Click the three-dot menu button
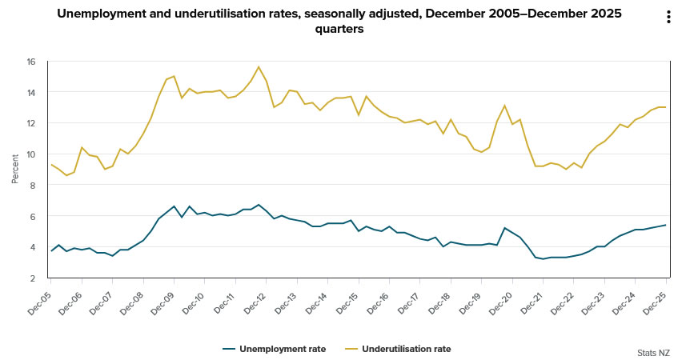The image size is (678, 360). pos(668,18)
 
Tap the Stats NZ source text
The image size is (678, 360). pos(653,352)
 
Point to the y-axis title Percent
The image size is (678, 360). pos(15,170)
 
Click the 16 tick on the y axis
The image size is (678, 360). pos(30,62)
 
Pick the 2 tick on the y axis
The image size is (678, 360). pos(32,278)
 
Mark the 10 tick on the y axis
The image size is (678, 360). pos(30,154)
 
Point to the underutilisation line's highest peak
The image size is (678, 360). pos(259,66)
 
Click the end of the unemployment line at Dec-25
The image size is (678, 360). pos(666,225)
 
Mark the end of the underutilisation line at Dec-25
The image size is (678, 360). pos(666,107)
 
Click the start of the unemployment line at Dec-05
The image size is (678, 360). pos(51,251)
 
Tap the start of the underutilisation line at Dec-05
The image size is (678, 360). pos(51,165)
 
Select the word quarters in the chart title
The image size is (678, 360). pos(339,29)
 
